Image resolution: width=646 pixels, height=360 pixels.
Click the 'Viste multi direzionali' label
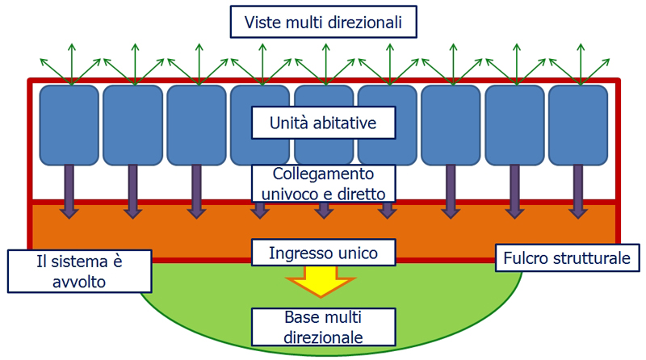click(x=323, y=22)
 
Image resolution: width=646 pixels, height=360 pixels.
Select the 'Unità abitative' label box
click(x=323, y=123)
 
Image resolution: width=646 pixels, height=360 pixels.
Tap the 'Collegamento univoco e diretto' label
click(x=323, y=183)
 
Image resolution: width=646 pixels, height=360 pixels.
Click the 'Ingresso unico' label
click(x=323, y=253)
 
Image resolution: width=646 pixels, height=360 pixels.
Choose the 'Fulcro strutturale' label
click(x=568, y=258)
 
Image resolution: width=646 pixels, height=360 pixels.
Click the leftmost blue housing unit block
click(x=69, y=124)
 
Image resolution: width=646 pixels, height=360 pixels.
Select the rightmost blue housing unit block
click(x=578, y=124)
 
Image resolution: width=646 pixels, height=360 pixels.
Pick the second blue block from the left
click(x=132, y=124)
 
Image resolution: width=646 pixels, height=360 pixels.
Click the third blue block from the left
click(x=196, y=124)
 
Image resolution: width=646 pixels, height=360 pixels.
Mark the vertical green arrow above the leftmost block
click(x=69, y=61)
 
